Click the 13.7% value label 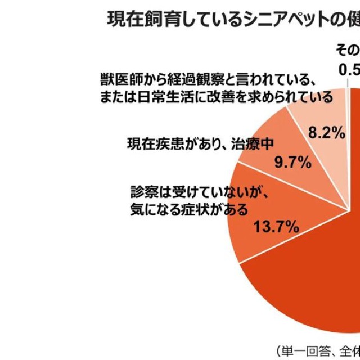[276, 227]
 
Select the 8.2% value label [326, 133]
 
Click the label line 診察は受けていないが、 [197, 192]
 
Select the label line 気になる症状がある [188, 210]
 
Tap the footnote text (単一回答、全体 [317, 349]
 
